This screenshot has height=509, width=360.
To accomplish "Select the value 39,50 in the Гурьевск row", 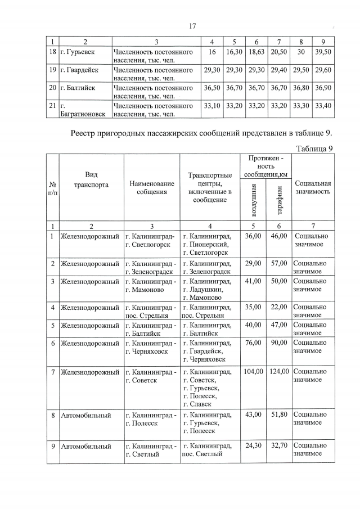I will click(322, 52).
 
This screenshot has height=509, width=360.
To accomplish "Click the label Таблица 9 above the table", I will click(314, 148).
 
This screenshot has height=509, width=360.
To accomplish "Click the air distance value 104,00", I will click(253, 372).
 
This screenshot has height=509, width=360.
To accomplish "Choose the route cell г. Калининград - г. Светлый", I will click(150, 451).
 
